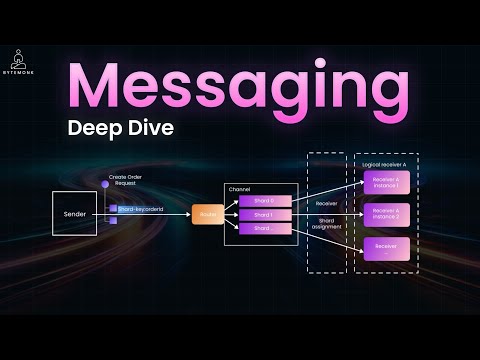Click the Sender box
click(79, 214)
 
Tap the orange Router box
click(207, 214)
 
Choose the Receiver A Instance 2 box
click(386, 214)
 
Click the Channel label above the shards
click(240, 188)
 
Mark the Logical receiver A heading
click(386, 160)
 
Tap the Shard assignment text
click(327, 224)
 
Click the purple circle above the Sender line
click(105, 185)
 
